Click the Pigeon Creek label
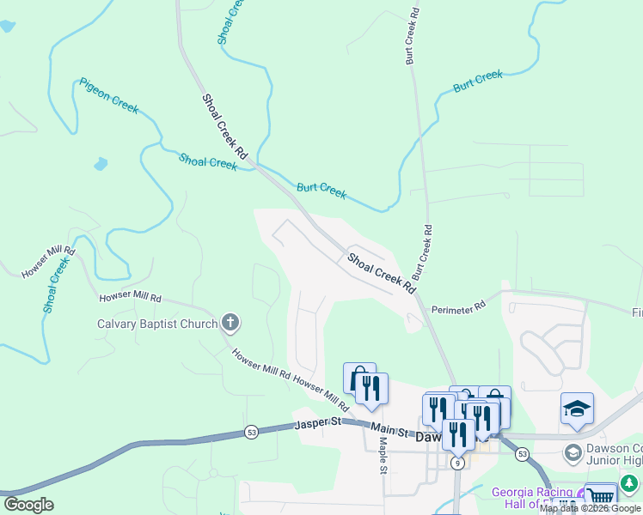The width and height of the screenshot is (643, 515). (x=109, y=95)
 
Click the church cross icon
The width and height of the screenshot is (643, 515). (x=230, y=323)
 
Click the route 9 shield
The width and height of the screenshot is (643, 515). (x=458, y=463)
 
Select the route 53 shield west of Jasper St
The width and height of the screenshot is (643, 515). (x=251, y=432)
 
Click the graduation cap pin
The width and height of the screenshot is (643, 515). (x=577, y=409)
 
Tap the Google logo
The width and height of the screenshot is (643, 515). (x=28, y=505)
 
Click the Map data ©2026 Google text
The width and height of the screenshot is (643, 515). (x=590, y=508)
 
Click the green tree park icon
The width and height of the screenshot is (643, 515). (x=632, y=483)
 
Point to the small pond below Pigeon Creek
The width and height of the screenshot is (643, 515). (x=101, y=162)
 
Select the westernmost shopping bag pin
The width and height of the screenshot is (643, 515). (x=357, y=379)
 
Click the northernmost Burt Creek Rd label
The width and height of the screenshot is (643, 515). (x=412, y=38)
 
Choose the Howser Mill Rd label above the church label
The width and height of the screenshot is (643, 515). (x=130, y=297)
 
